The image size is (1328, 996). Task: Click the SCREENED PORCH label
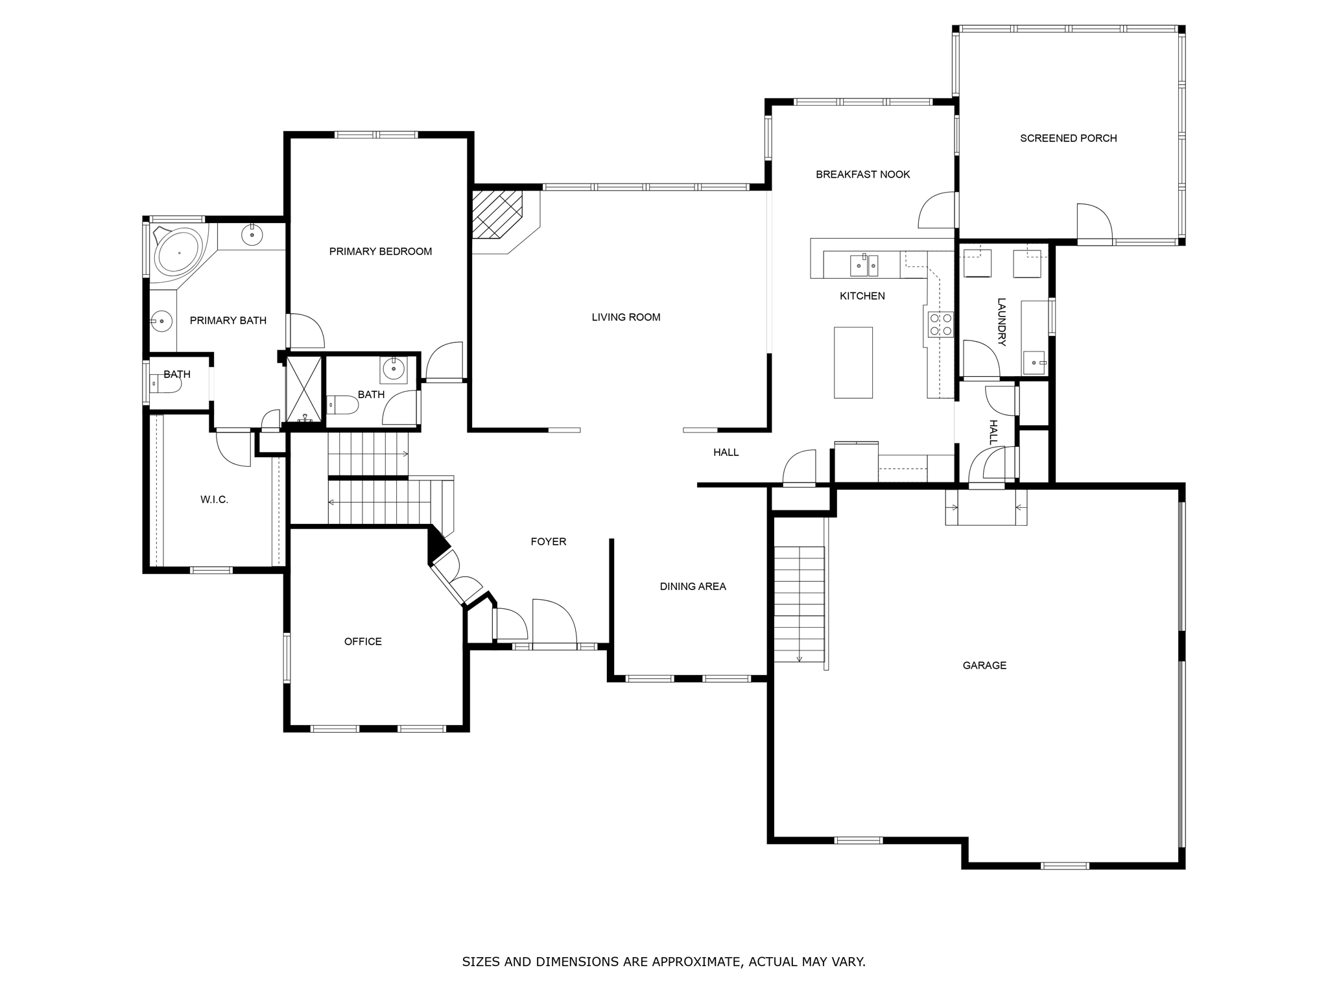(x=1068, y=138)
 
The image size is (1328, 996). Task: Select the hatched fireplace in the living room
(x=496, y=215)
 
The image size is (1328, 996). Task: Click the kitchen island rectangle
(x=853, y=362)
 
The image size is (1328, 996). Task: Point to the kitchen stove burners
(x=940, y=324)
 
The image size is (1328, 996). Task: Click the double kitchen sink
(x=864, y=265)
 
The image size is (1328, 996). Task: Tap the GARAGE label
(x=984, y=665)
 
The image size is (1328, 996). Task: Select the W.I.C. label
(x=214, y=500)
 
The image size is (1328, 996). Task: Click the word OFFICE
(x=362, y=641)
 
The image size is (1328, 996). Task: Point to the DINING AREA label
(x=693, y=586)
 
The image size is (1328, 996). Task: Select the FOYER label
(x=548, y=541)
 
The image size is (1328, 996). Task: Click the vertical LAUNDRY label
(x=1001, y=322)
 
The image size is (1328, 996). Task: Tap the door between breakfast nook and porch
(x=938, y=211)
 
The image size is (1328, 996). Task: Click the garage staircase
(x=800, y=603)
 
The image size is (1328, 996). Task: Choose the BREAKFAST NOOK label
(x=862, y=174)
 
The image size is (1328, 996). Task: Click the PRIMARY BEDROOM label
(x=380, y=252)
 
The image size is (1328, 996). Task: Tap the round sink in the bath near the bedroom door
(x=394, y=369)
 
